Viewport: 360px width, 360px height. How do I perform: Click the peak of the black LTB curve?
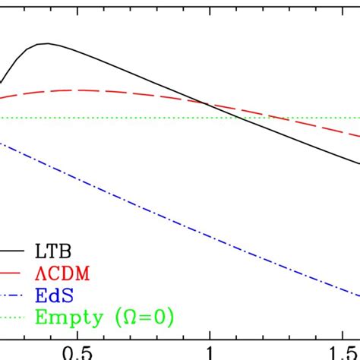tap(48, 43)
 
